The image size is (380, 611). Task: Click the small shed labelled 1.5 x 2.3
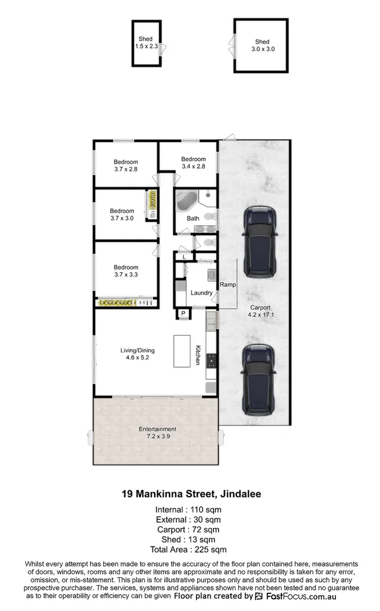click(x=147, y=42)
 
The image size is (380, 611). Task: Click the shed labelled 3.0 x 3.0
click(x=261, y=46)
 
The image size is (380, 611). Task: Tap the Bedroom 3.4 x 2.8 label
click(x=192, y=163)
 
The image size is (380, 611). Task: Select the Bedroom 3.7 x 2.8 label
click(x=125, y=165)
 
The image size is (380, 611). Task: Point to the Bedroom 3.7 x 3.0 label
click(x=122, y=214)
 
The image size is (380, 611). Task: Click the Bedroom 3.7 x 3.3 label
click(x=125, y=271)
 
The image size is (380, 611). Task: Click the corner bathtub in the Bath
click(x=186, y=201)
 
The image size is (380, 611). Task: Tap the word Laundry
click(x=202, y=293)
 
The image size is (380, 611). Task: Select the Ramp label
click(x=228, y=285)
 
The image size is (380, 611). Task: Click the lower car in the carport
click(x=258, y=377)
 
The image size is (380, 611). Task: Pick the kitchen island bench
click(x=182, y=351)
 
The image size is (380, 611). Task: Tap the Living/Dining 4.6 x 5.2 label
click(x=137, y=354)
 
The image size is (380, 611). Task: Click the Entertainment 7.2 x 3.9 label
click(x=157, y=433)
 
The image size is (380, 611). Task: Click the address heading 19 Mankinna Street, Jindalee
click(x=191, y=493)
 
